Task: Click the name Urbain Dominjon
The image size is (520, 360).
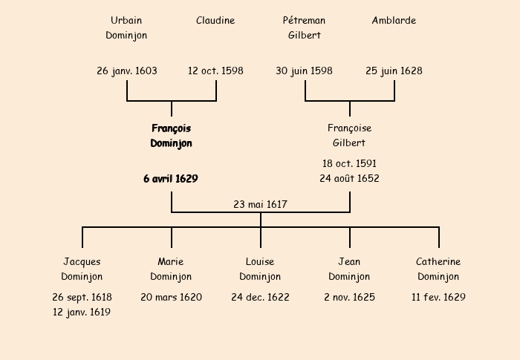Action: pyautogui.click(x=126, y=27)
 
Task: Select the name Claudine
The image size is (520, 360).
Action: pyautogui.click(x=215, y=21)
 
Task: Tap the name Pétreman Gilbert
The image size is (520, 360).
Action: pyautogui.click(x=305, y=27)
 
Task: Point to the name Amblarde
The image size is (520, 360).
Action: pyautogui.click(x=394, y=21)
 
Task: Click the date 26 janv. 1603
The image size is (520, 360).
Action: pyautogui.click(x=127, y=71)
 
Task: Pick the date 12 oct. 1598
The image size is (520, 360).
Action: pyautogui.click(x=215, y=71)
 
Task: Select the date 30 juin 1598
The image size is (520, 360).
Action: pyautogui.click(x=304, y=71)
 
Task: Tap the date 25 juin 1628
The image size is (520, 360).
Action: pyautogui.click(x=394, y=71)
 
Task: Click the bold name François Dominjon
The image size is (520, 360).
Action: pyautogui.click(x=171, y=136)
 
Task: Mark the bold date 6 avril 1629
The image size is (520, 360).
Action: pyautogui.click(x=171, y=179)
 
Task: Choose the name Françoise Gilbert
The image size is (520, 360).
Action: pyautogui.click(x=349, y=136)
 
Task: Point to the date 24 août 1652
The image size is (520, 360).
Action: pyautogui.click(x=349, y=179)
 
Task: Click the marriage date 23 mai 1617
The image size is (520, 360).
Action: pyautogui.click(x=260, y=204)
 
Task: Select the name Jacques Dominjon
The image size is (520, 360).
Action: pyautogui.click(x=82, y=269)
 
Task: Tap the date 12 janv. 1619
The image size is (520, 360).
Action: pyautogui.click(x=82, y=312)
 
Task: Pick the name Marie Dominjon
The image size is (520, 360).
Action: pyautogui.click(x=171, y=269)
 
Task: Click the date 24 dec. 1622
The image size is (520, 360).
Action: pyautogui.click(x=260, y=298)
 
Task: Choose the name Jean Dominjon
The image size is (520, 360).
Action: pyautogui.click(x=349, y=269)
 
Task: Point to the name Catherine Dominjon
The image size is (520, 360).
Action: pyautogui.click(x=438, y=269)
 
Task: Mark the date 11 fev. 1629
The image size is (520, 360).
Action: pyautogui.click(x=438, y=298)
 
